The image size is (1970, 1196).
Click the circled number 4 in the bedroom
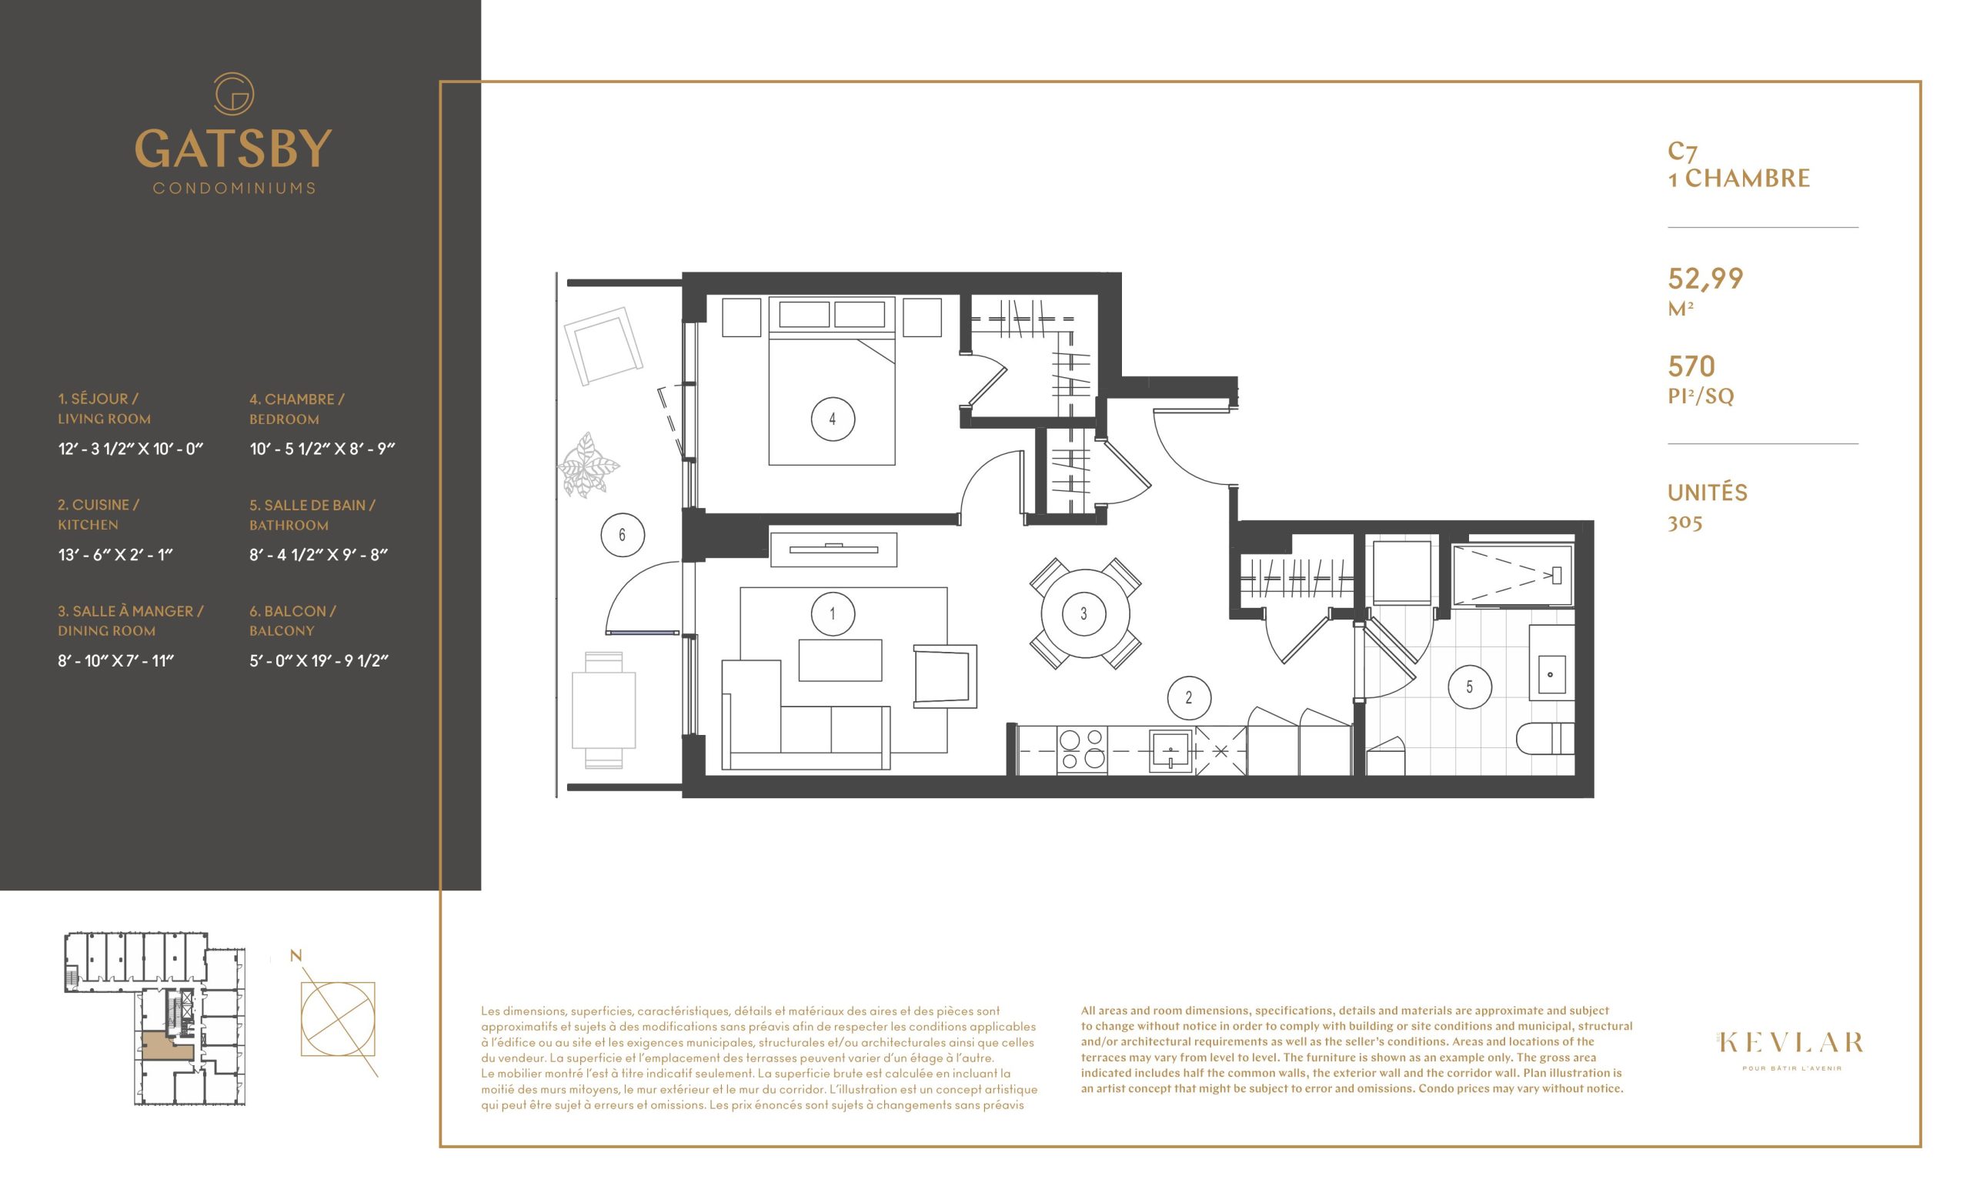833,419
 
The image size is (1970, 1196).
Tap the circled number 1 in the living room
833,614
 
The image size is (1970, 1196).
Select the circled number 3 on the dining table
1083,614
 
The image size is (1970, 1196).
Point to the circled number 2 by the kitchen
1189,698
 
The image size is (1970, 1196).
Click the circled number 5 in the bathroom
1470,687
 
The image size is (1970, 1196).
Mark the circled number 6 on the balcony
622,535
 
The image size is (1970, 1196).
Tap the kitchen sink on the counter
1170,750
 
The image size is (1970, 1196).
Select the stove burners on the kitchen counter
1082,750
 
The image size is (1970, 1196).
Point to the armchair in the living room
945,676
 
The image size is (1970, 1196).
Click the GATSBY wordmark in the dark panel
233,149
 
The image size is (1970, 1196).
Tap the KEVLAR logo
1791,1043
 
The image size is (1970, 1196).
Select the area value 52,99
1705,278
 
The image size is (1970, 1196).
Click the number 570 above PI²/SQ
1691,366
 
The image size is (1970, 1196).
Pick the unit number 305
1685,523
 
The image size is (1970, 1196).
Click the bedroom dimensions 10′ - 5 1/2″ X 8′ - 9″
322,449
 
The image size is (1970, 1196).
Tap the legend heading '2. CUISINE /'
98,506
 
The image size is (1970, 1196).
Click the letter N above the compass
295,956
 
